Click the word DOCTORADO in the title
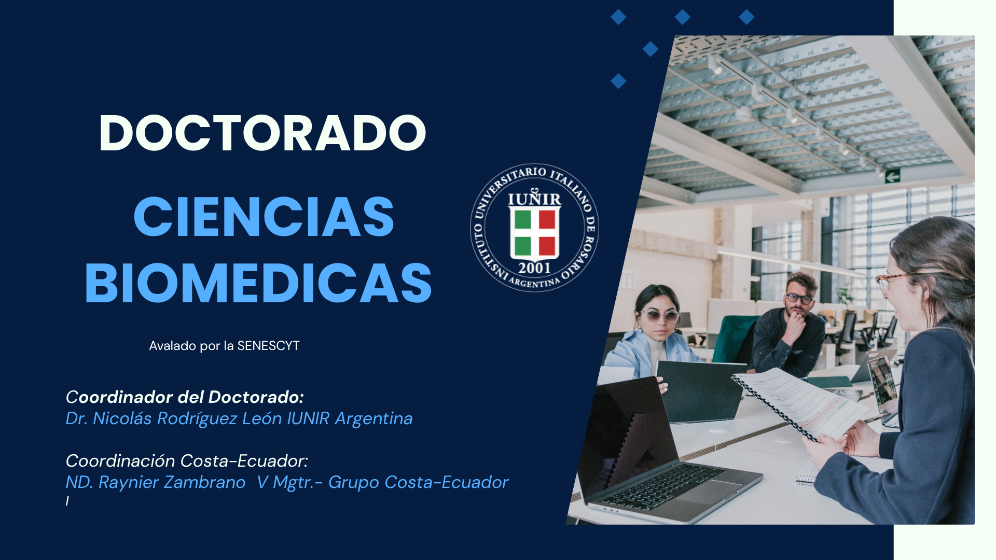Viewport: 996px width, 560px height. pyautogui.click(x=262, y=133)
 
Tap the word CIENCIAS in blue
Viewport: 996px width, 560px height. pyautogui.click(x=264, y=217)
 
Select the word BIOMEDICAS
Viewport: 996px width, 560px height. pyautogui.click(x=258, y=283)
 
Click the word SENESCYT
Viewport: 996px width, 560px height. pyautogui.click(x=268, y=346)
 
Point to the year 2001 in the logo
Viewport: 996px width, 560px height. pyautogui.click(x=534, y=268)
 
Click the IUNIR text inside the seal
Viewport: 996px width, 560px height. pyautogui.click(x=534, y=199)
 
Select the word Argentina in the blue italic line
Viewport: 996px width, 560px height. pyautogui.click(x=374, y=419)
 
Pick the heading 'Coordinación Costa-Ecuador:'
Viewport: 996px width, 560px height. pyautogui.click(x=187, y=460)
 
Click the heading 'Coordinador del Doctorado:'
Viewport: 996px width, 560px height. pyautogui.click(x=185, y=397)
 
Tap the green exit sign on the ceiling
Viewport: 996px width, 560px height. pyautogui.click(x=892, y=176)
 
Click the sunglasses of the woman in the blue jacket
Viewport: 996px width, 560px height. pyautogui.click(x=659, y=315)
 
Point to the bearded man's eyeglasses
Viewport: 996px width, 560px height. pyautogui.click(x=799, y=299)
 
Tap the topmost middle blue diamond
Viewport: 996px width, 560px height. pyautogui.click(x=682, y=17)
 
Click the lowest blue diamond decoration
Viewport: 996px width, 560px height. pyautogui.click(x=618, y=81)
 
